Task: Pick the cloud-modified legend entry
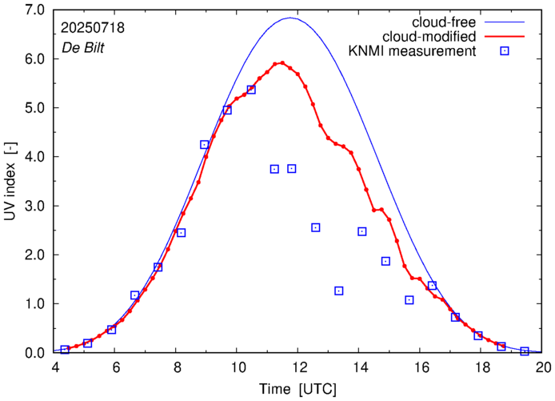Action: pos(448,37)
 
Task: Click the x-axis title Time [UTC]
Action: pos(297,388)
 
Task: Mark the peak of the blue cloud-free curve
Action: pos(290,18)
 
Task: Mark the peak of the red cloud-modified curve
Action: pos(282,62)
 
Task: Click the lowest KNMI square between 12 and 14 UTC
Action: pos(339,291)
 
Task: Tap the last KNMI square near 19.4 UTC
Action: pos(525,351)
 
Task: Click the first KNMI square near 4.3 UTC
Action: pos(65,350)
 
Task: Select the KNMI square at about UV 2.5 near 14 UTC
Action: pos(362,231)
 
